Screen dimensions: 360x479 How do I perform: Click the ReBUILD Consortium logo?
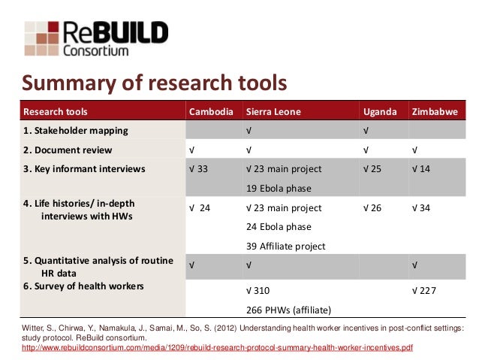coord(96,37)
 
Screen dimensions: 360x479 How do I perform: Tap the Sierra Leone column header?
coord(273,113)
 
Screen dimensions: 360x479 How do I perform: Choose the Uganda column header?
coord(380,113)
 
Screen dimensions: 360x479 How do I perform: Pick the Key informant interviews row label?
coord(84,169)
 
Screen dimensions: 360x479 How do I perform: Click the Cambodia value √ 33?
coord(199,169)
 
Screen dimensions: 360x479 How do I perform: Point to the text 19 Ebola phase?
coord(278,189)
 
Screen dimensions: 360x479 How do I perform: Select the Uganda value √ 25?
coord(372,169)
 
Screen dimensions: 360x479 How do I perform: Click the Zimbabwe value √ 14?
coord(421,169)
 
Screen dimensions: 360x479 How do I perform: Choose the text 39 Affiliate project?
coord(287,247)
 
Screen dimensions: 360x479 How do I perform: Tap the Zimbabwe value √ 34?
coord(421,208)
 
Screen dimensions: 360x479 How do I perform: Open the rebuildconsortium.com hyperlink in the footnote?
coord(218,348)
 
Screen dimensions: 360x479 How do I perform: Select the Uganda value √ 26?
coord(372,208)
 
